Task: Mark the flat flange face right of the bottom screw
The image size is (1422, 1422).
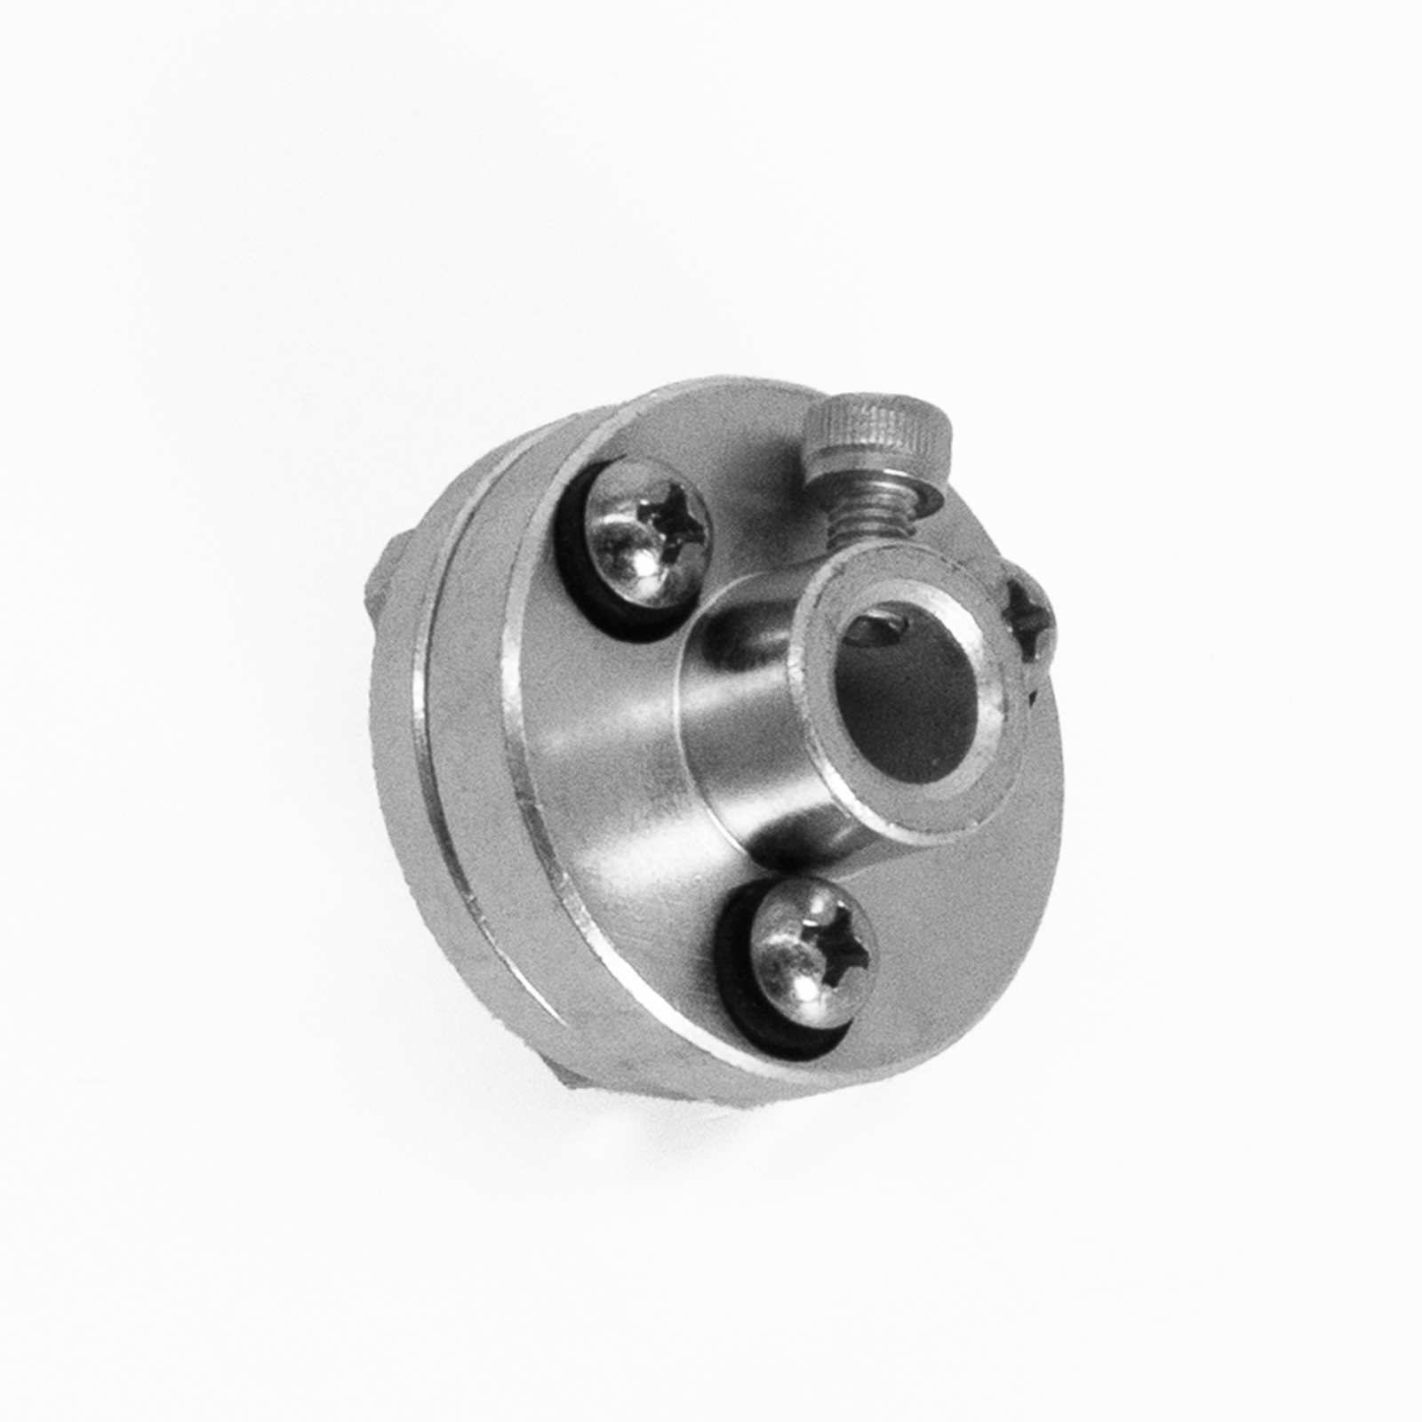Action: [x=960, y=933]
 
